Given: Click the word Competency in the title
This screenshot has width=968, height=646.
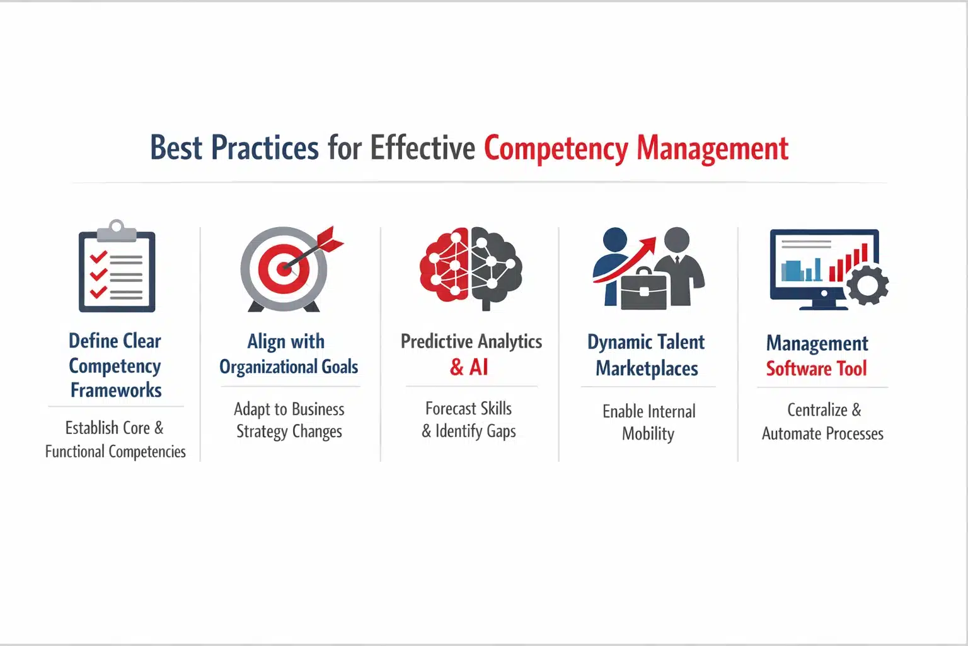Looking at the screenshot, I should point(555,149).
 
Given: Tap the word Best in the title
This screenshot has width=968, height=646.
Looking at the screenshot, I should point(176,149).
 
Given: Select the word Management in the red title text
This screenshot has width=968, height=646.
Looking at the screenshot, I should point(712,149).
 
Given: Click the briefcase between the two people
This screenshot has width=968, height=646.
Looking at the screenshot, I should point(643,290).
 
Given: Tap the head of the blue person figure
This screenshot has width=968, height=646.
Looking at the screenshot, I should point(614,240).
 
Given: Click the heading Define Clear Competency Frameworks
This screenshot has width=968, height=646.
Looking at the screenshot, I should point(115,365).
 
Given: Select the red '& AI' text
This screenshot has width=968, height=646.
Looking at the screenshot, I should point(469,367).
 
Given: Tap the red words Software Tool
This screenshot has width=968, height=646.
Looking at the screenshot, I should point(816,368).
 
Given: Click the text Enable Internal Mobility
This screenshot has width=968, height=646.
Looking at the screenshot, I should point(648,422).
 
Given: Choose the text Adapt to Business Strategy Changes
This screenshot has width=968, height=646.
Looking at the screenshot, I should point(289,420).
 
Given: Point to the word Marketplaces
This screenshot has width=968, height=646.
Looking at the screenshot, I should point(647,368).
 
